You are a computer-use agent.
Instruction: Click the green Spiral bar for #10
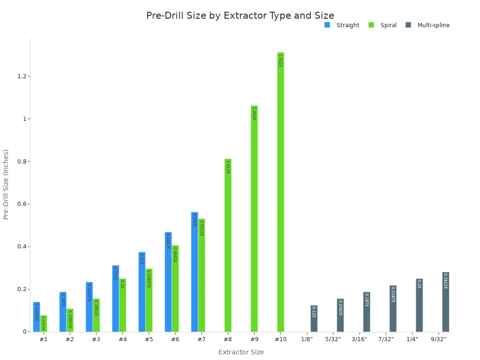[280, 192]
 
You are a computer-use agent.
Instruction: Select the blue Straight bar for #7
[195, 272]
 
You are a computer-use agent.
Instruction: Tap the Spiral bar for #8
[228, 245]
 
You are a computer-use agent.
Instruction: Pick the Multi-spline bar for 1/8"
[314, 319]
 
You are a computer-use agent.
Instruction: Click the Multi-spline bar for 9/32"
[445, 302]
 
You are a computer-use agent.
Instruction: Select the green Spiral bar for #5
[149, 300]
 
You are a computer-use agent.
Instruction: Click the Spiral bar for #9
[254, 218]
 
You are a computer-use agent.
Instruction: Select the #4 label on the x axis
[122, 339]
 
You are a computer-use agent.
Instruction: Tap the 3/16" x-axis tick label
[360, 339]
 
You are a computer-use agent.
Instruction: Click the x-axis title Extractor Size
[241, 352]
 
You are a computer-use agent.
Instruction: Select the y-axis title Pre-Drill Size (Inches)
[6, 184]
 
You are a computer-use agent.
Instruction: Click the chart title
[240, 16]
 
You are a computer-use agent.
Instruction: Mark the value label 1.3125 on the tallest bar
[280, 60]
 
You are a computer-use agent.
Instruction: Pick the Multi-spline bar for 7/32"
[393, 308]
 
